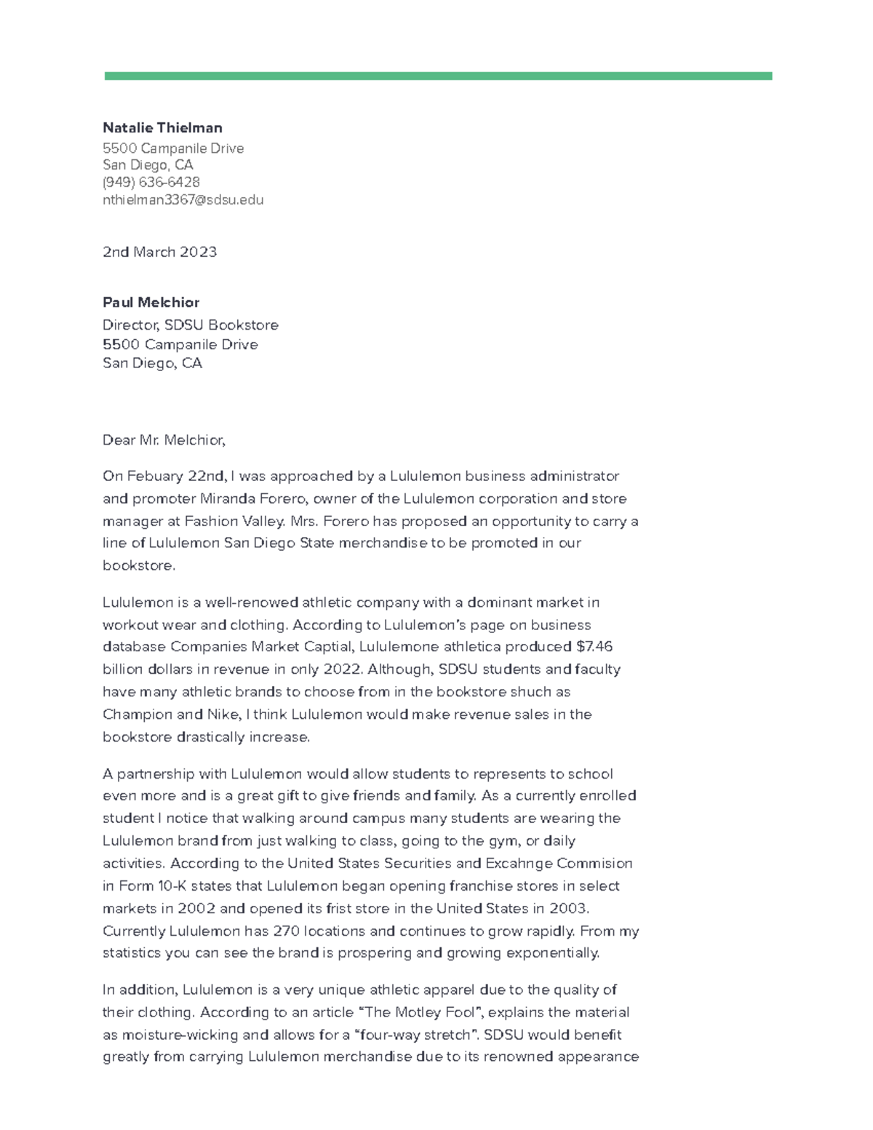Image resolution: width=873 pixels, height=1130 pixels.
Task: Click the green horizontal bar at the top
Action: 437,76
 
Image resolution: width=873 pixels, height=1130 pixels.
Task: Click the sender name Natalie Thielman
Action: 162,128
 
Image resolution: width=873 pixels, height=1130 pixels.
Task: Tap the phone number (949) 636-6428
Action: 151,182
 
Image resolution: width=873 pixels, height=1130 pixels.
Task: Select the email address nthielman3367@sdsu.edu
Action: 183,199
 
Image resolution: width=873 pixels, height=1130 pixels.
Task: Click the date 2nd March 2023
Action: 159,252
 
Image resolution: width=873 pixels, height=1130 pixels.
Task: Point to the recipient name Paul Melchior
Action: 151,302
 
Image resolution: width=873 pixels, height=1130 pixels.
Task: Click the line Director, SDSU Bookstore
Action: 190,325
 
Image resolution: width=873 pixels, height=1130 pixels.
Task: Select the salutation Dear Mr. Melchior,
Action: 164,439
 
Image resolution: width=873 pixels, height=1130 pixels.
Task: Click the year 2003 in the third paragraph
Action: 567,908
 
